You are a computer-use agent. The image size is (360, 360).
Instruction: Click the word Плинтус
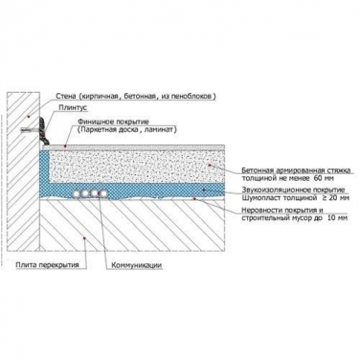pyautogui.click(x=73, y=108)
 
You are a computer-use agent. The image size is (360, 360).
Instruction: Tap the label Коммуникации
pyautogui.click(x=136, y=265)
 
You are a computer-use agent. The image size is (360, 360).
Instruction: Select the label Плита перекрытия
pyautogui.click(x=47, y=265)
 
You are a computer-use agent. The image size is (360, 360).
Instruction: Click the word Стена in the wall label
pyautogui.click(x=66, y=96)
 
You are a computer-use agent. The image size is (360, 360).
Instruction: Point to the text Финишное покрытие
pyautogui.click(x=113, y=122)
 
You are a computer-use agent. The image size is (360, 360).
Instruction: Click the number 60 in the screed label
pyautogui.click(x=319, y=178)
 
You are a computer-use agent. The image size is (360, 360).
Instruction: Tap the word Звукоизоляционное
pyautogui.click(x=273, y=190)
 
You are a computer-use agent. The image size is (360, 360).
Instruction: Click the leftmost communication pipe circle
pyautogui.click(x=77, y=194)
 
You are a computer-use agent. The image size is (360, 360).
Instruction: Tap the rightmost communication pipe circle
pyautogui.click(x=103, y=194)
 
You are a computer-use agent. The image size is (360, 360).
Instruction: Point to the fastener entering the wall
pyautogui.click(x=30, y=130)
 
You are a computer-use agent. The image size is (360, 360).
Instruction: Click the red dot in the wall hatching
pyautogui.click(x=29, y=117)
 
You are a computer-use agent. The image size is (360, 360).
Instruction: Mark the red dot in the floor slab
pyautogui.click(x=84, y=237)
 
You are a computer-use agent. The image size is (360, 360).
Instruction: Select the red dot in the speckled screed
pyautogui.click(x=210, y=165)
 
